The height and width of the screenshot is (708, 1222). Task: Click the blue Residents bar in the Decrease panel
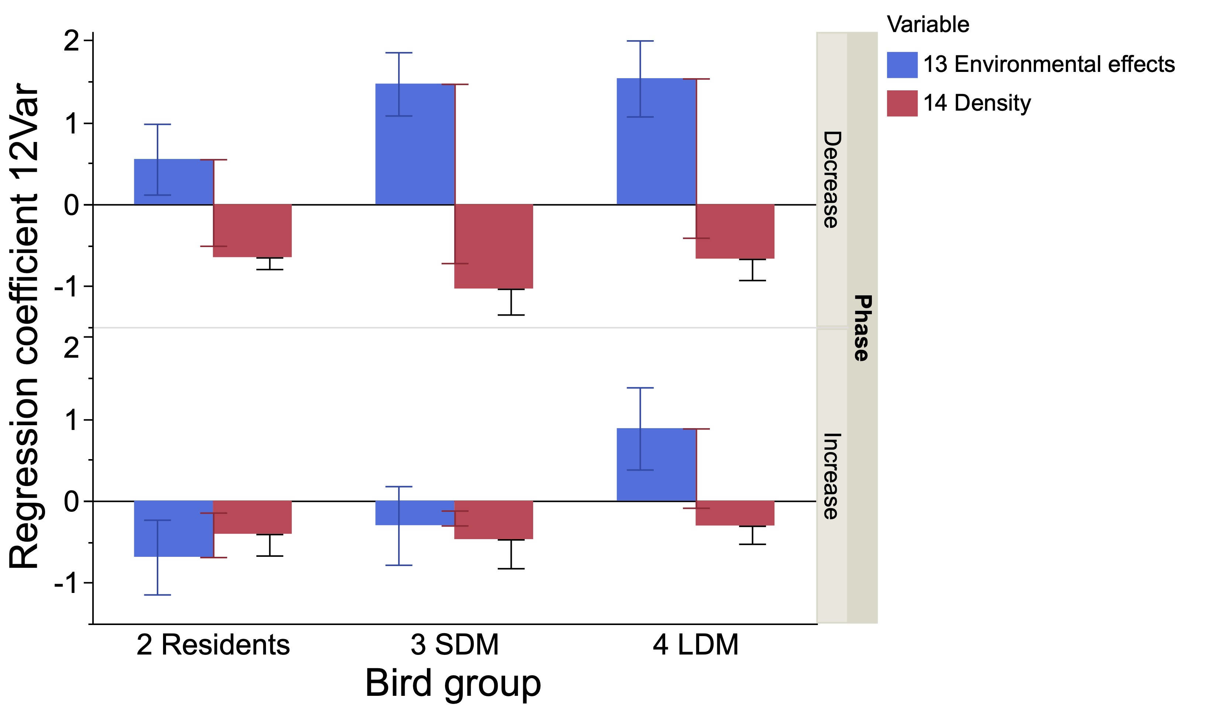(174, 182)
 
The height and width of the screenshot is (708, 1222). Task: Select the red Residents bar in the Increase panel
(252, 517)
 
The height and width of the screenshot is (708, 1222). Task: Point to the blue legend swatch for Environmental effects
(902, 65)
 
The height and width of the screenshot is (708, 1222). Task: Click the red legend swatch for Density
(902, 103)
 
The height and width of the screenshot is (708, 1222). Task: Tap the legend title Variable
(928, 24)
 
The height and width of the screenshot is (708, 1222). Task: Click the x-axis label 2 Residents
(213, 645)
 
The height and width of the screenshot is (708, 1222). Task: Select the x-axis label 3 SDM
(454, 645)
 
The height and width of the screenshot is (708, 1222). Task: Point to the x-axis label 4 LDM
(695, 645)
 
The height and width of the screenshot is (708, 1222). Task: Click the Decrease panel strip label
(831, 179)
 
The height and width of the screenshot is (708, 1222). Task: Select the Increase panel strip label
(831, 476)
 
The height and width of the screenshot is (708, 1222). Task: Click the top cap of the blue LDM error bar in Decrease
(640, 41)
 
